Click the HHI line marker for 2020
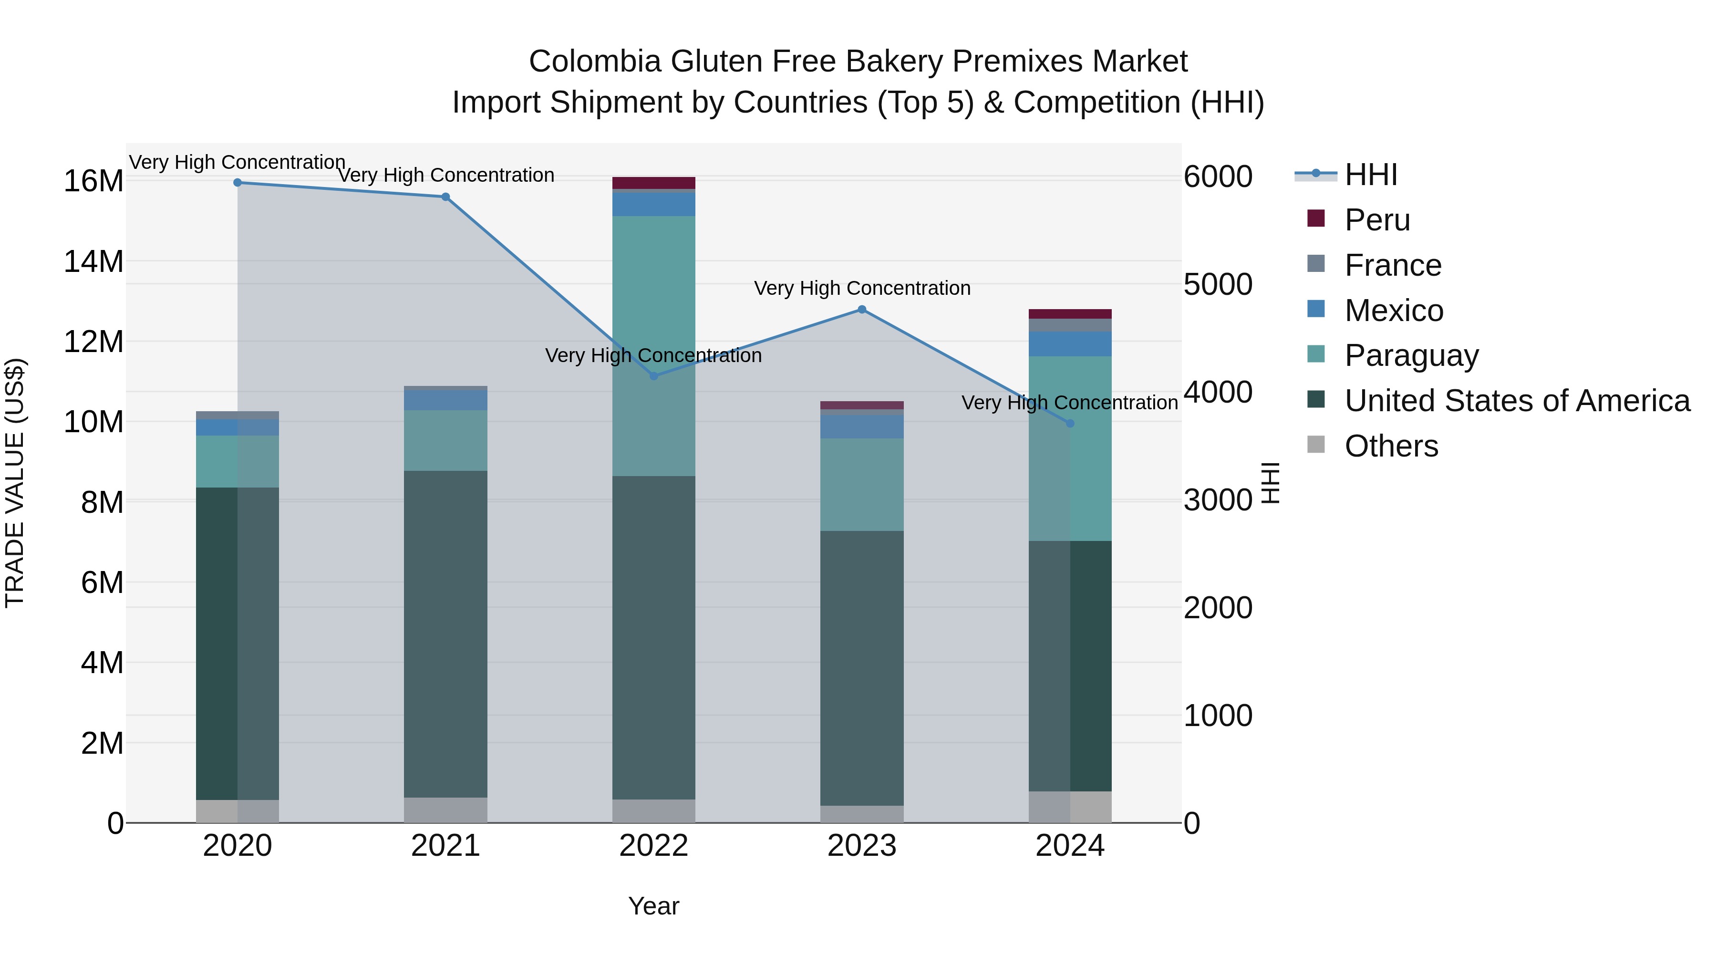tap(238, 183)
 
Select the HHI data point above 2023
tap(862, 309)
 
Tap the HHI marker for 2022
tap(654, 376)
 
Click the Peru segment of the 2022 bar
tap(654, 183)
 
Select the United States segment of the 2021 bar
tap(445, 634)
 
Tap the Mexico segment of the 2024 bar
tap(1070, 344)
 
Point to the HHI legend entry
tap(1370, 175)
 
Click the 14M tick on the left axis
tap(93, 261)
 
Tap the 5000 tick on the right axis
tap(1218, 285)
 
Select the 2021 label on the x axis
tap(445, 846)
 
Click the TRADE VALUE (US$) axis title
tap(15, 483)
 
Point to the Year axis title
tap(653, 906)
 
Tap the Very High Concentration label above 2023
tap(862, 288)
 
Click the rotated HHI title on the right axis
tap(1271, 483)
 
